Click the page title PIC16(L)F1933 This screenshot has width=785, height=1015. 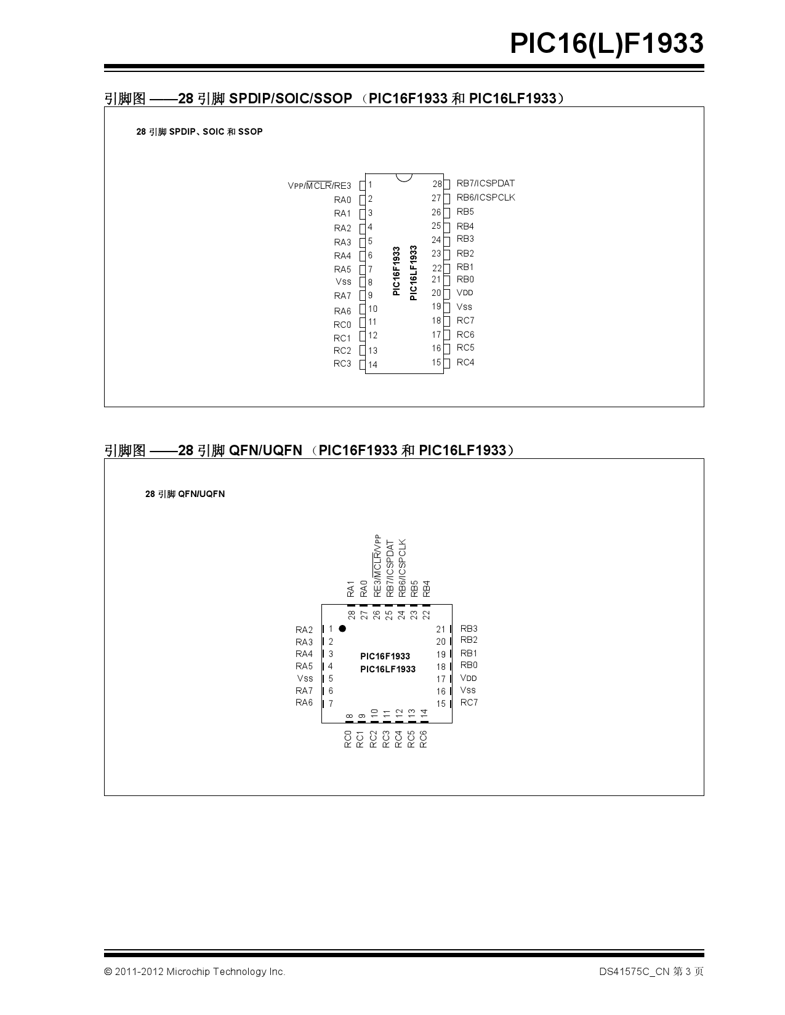[606, 44]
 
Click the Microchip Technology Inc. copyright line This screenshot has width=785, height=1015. [195, 972]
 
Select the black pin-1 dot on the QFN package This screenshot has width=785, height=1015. [342, 629]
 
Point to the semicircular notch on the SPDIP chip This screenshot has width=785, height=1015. [404, 177]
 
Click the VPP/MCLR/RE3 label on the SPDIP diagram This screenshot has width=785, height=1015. [319, 186]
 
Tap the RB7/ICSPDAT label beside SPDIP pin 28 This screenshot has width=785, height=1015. [485, 183]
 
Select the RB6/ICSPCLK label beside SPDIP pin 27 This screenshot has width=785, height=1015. [486, 197]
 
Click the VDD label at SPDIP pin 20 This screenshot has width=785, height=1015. [465, 293]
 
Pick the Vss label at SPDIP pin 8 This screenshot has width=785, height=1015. [343, 282]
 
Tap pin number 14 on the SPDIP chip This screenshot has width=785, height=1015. [372, 365]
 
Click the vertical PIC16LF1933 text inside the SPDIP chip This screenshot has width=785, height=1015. [413, 273]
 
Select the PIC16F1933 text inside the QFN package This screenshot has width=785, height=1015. [385, 656]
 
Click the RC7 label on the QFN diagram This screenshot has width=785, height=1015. [469, 703]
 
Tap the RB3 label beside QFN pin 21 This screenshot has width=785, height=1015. [469, 629]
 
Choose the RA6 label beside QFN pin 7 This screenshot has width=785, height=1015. [304, 703]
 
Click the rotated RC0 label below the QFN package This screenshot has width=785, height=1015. [348, 739]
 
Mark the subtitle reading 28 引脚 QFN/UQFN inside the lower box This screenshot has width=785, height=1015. [185, 494]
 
